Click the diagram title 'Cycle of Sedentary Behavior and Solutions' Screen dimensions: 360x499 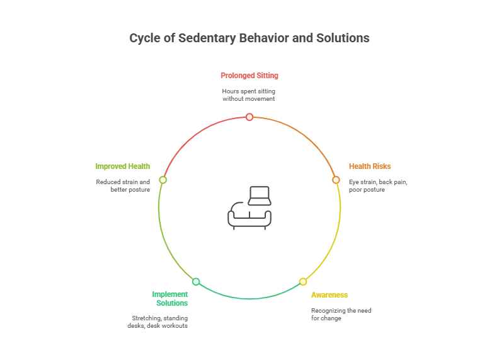[249, 38]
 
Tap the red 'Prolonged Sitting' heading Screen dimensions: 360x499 [249, 76]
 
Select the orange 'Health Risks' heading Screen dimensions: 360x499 [370, 166]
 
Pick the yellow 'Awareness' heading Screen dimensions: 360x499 [329, 295]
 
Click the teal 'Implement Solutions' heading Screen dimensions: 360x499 [170, 298]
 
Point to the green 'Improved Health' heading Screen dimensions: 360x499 [122, 166]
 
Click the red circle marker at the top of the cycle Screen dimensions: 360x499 [249, 117]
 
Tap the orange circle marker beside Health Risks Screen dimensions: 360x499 [336, 180]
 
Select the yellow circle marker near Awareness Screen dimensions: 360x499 [303, 281]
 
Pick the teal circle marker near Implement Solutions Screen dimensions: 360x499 [196, 281]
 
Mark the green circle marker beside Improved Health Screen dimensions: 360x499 [163, 180]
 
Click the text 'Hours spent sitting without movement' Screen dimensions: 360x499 [249, 95]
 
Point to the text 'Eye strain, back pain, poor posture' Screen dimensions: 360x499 [379, 185]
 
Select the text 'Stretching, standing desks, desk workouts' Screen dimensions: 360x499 [159, 322]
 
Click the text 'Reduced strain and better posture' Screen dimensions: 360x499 [123, 185]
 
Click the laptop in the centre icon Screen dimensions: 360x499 [259, 195]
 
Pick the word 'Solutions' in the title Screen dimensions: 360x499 [345, 38]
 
